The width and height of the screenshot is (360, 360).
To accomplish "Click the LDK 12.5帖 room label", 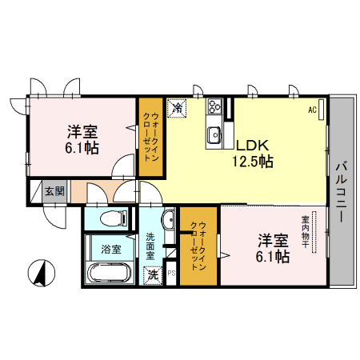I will point(253,154).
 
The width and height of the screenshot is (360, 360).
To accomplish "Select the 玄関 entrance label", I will point(54,191).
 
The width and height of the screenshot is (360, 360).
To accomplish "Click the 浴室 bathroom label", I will point(111,249).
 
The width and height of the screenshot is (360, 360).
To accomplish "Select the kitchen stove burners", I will point(214,107).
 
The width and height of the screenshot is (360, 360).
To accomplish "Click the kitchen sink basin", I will point(214,134).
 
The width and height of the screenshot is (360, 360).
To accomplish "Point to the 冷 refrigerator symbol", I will point(176,106).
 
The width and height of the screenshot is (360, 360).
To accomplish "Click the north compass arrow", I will point(38,272).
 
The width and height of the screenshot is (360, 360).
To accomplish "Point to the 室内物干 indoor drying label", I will point(306,232).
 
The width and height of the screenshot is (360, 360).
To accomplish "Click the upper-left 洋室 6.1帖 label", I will point(82,139).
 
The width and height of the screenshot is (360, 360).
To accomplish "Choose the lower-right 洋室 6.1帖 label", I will point(272,247).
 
